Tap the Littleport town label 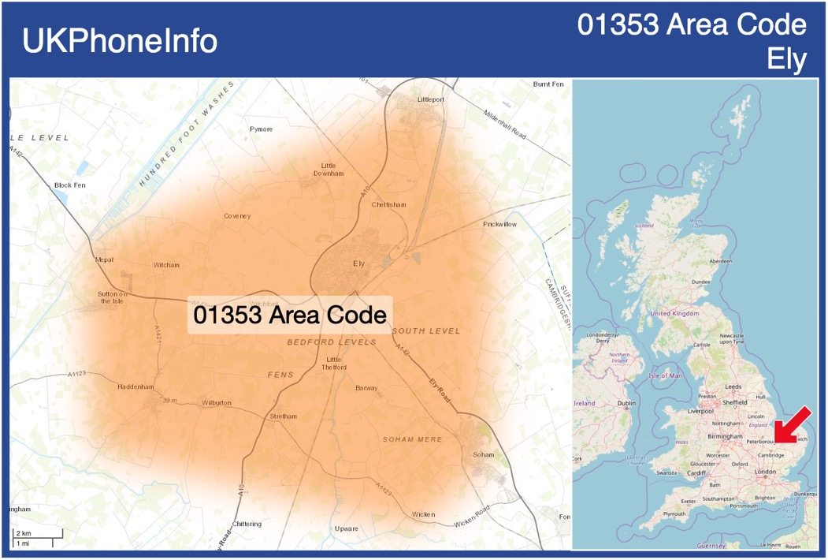click(x=431, y=100)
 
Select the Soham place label click(x=483, y=455)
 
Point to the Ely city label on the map click(x=359, y=263)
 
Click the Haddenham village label click(x=136, y=387)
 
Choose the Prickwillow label click(x=499, y=225)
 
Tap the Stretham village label click(x=284, y=416)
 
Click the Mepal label click(x=104, y=259)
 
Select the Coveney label click(x=236, y=216)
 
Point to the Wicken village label click(x=423, y=514)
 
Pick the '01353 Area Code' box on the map click(x=289, y=315)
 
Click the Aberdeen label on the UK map click(x=720, y=261)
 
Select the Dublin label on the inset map click(x=627, y=403)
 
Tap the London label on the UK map click(x=765, y=472)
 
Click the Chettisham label click(x=388, y=205)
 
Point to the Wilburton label click(x=217, y=403)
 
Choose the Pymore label click(x=261, y=129)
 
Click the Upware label click(x=347, y=528)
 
